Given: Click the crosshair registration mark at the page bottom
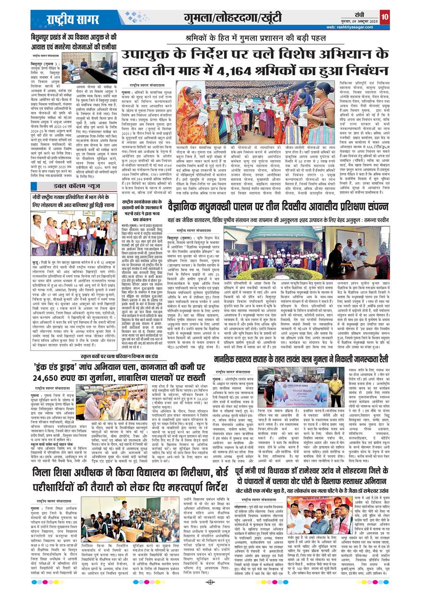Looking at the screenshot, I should click(210, 583).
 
